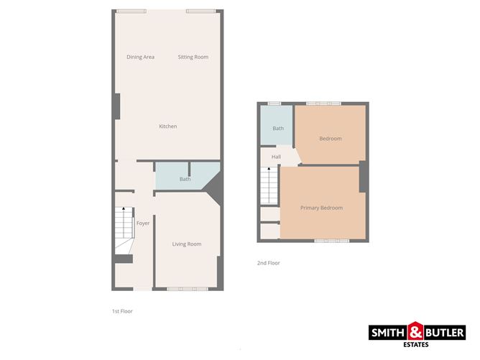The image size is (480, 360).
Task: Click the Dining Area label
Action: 140,57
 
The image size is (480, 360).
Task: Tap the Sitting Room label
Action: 193,57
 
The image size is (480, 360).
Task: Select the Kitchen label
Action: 168,126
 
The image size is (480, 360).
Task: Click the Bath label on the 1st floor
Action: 185,179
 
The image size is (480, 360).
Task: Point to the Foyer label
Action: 143,223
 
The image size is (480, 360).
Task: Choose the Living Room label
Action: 186,244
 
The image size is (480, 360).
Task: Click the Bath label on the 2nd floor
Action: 278,129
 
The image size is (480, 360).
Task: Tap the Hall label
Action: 276,157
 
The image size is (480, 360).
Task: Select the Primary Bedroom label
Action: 321,208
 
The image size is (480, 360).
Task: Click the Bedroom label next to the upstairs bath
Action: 331,139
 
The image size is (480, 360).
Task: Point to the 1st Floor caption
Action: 122,311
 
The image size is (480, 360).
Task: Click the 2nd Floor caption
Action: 268,263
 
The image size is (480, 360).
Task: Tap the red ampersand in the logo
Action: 416,333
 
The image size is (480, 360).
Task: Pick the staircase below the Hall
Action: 268,185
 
